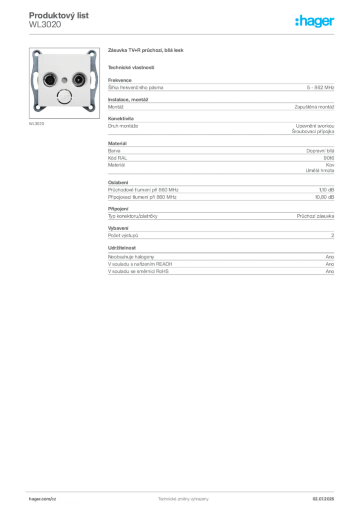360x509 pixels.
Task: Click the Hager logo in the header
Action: pos(315,21)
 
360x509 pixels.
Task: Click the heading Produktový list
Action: pos(59,15)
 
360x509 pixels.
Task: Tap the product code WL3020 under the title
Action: pos(45,25)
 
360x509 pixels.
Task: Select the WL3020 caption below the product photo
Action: pos(36,124)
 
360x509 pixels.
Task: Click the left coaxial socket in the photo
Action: pos(50,80)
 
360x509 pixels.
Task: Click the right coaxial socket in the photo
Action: pos(79,80)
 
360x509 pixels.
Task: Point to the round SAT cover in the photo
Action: pos(64,97)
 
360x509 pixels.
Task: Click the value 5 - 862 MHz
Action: pos(320,87)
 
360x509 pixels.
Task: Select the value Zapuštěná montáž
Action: pos(314,107)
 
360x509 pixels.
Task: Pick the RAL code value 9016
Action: pos(329,158)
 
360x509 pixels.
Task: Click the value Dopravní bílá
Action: pos(320,151)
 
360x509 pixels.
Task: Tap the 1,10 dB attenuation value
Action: pos(327,190)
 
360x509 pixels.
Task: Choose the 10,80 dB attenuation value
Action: pos(325,197)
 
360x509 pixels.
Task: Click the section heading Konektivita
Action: pos(121,118)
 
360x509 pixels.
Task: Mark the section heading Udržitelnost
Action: pos(122,248)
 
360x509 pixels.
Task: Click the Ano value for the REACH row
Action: pos(330,264)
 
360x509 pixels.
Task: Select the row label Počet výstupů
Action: pos(123,235)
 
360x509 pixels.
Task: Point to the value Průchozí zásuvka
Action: pos(316,216)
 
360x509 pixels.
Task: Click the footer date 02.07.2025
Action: pos(323,499)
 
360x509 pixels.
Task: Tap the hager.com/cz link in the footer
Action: pos(43,499)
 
